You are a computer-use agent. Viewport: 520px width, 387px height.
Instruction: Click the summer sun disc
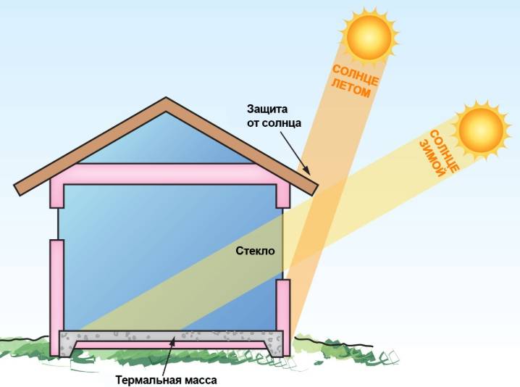click(x=369, y=36)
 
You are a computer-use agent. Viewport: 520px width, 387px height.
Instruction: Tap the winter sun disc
click(x=481, y=130)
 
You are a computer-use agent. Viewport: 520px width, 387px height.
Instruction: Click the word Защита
click(x=267, y=109)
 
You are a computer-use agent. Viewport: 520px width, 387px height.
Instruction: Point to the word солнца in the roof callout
click(x=281, y=123)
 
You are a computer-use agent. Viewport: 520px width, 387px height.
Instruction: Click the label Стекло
click(x=256, y=251)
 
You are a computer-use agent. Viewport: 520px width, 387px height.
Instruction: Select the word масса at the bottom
click(x=200, y=380)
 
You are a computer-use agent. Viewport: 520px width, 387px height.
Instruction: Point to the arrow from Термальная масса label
click(x=169, y=354)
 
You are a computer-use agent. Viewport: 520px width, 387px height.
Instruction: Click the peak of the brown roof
click(x=166, y=98)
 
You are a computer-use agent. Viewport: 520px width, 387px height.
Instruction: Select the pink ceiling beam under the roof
click(x=169, y=174)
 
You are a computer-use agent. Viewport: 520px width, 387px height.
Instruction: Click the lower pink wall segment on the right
click(x=283, y=318)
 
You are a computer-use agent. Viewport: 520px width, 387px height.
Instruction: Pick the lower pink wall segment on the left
click(x=56, y=298)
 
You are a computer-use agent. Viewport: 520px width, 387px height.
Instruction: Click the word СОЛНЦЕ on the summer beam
click(x=356, y=75)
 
